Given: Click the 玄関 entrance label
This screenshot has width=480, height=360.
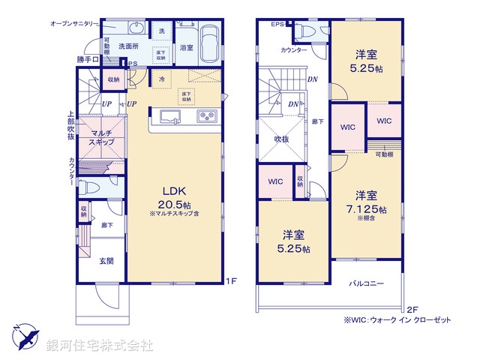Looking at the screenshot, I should [106, 260].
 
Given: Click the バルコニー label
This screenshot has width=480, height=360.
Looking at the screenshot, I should [366, 284].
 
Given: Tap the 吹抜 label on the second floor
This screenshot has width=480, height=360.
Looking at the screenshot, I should [281, 139].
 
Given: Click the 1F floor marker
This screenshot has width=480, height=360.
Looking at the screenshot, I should [232, 282].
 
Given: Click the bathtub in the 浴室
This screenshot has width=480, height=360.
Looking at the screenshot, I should [208, 42].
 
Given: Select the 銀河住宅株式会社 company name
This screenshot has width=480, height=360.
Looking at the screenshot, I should [99, 346].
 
